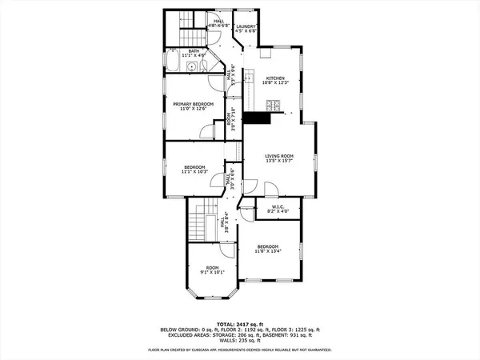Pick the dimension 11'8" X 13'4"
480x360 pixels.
pos(267,250)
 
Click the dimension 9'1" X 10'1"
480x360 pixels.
pos(212,272)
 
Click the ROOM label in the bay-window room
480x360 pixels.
pos(212,267)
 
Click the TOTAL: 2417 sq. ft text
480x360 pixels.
pos(239,322)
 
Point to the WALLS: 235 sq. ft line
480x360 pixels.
pos(239,339)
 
